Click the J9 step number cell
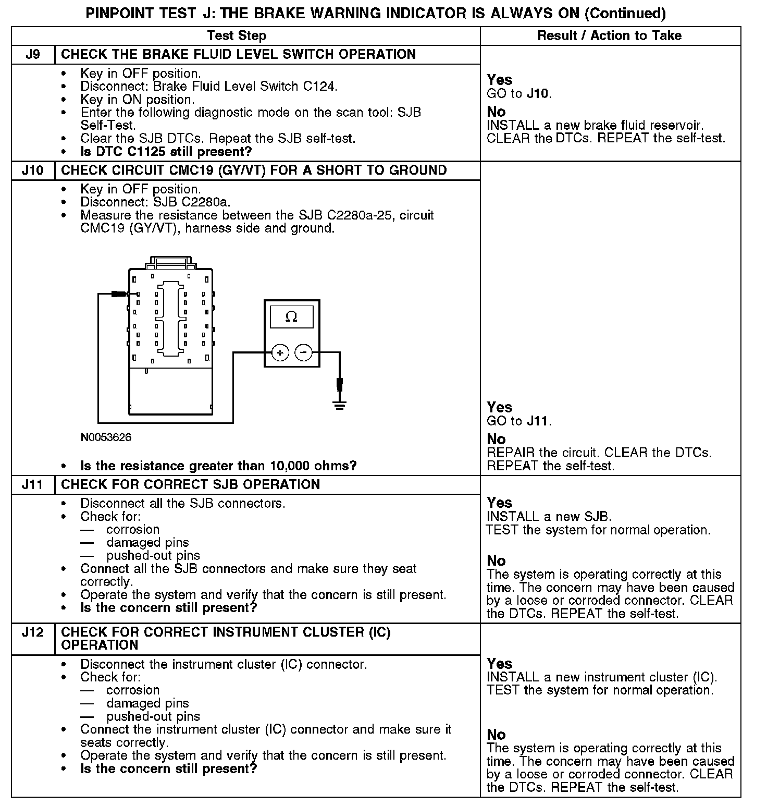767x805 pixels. coord(33,55)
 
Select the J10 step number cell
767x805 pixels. coord(33,170)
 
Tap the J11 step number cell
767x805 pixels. coord(33,485)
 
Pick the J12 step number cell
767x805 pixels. coord(33,632)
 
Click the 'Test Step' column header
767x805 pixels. coord(237,36)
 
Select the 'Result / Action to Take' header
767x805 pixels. coord(609,36)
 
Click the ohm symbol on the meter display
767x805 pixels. coord(291,316)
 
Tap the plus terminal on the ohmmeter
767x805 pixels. coord(280,353)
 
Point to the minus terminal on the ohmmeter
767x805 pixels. coord(303,353)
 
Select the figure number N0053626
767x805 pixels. coord(106,437)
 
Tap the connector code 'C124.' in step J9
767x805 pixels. coord(320,87)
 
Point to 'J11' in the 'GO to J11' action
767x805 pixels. coord(538,421)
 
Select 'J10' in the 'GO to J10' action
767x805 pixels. coord(538,94)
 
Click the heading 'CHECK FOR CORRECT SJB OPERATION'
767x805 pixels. coord(190,485)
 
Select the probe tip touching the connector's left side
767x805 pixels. coord(121,295)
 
